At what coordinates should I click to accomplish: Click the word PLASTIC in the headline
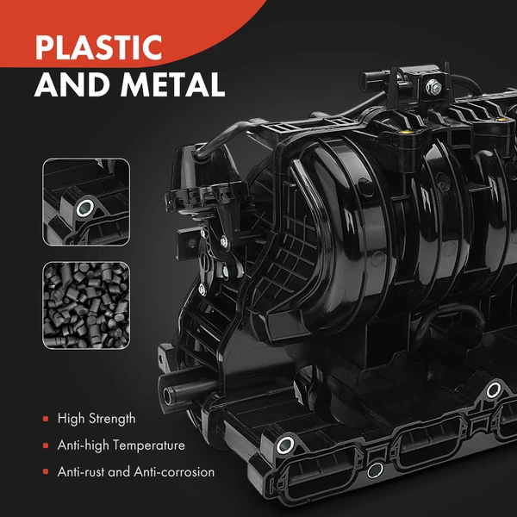click(x=98, y=47)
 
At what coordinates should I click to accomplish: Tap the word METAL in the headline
click(x=173, y=84)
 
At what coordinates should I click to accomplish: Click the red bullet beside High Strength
click(x=46, y=419)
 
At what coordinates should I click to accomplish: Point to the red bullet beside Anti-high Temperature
click(x=46, y=445)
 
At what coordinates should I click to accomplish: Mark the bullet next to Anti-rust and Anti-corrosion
click(x=46, y=472)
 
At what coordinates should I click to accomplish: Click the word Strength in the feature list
click(x=112, y=419)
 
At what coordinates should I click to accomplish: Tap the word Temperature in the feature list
click(x=151, y=445)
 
